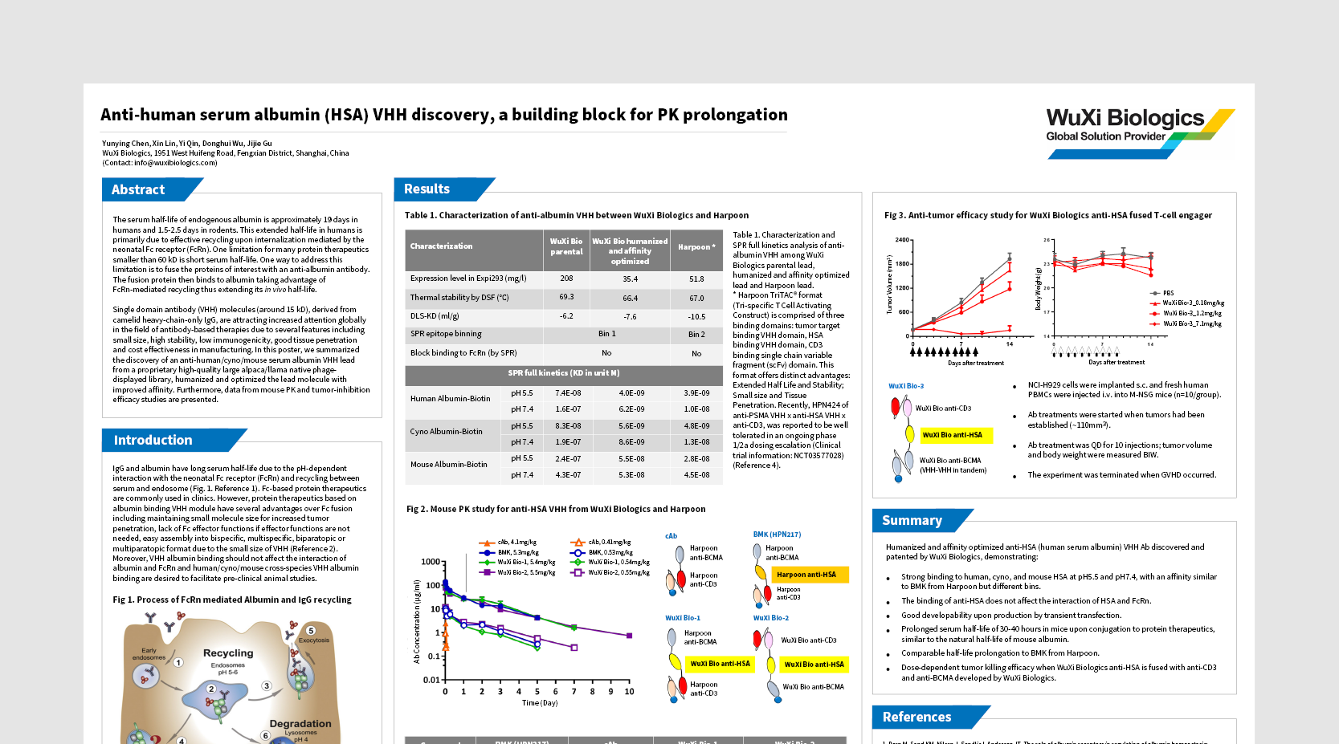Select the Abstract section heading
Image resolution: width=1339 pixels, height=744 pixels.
[138, 189]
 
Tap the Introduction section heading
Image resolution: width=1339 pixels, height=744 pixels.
[153, 440]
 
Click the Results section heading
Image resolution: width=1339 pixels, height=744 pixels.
[427, 189]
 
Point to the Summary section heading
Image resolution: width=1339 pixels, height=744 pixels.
[912, 520]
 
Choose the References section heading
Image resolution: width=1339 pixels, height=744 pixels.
[916, 717]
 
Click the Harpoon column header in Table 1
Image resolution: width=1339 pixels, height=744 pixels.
[696, 246]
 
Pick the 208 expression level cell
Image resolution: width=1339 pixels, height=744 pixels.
[566, 278]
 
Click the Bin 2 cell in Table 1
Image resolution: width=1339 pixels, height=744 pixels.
[696, 334]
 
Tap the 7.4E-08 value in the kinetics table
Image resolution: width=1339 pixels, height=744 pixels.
[568, 393]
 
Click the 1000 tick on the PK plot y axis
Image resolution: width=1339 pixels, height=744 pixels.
[431, 562]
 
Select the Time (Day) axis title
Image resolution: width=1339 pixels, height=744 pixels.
[539, 702]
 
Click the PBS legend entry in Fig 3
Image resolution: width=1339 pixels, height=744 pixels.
[1168, 293]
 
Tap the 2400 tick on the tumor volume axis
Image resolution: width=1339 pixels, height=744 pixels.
[902, 240]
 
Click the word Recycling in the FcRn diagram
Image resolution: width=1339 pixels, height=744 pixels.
[228, 653]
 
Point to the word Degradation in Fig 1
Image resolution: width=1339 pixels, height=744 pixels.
[300, 723]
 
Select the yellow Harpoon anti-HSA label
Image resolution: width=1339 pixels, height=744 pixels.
[806, 575]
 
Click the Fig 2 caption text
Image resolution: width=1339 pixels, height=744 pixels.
[556, 509]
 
